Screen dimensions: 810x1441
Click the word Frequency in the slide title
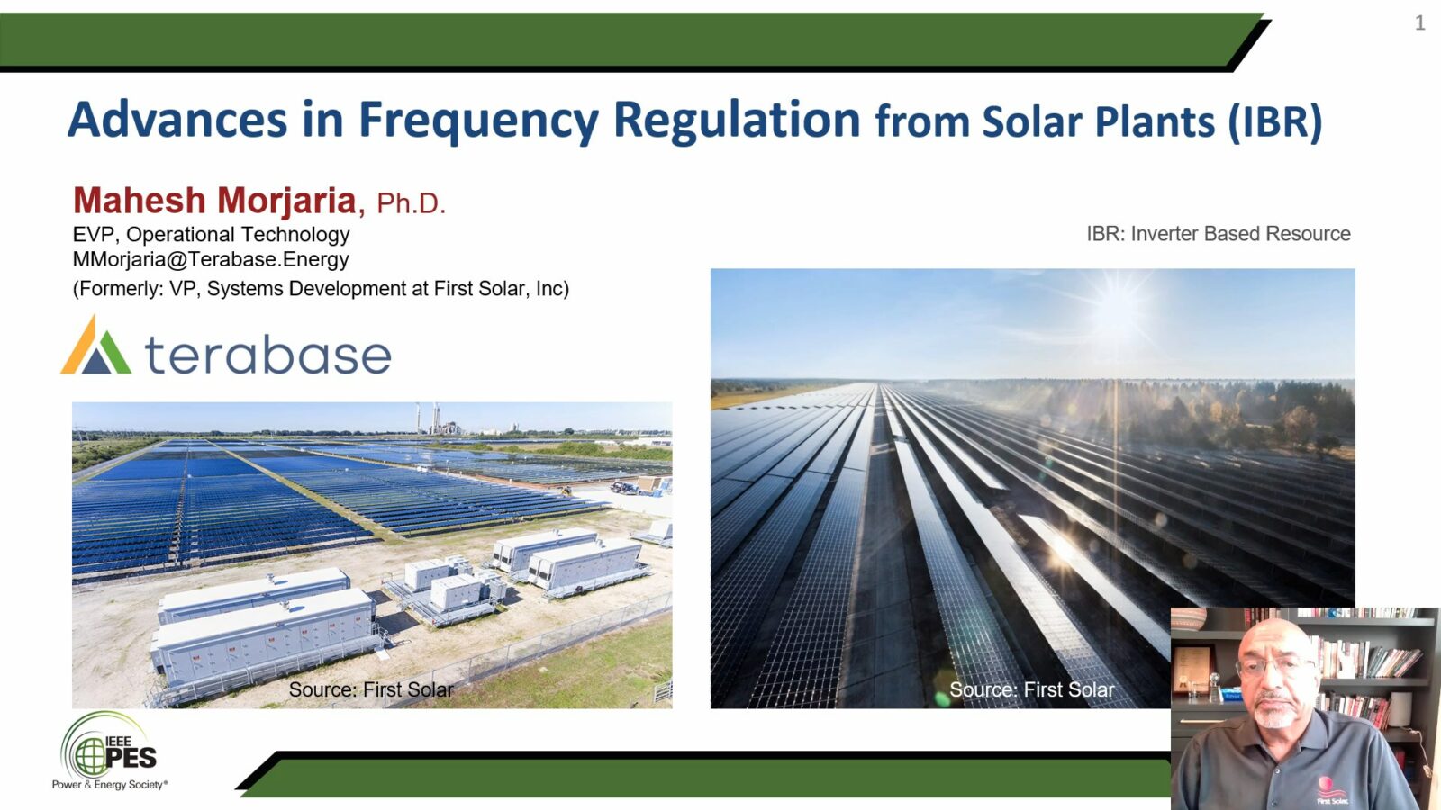[477, 121]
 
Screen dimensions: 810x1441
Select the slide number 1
[1420, 23]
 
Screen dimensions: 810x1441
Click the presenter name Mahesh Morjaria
[214, 201]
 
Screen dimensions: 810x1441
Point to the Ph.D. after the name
[411, 204]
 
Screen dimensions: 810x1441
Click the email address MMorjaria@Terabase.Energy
[211, 260]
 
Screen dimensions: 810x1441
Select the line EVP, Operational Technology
[211, 235]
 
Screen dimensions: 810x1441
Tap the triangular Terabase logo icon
[95, 346]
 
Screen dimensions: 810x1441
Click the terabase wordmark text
[268, 355]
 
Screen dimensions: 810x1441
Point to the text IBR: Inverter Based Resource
[1218, 234]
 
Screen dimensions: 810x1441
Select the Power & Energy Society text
[109, 785]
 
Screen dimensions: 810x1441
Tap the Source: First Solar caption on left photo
[371, 690]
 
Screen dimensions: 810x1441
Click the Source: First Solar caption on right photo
[1031, 690]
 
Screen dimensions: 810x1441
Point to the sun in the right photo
[1118, 306]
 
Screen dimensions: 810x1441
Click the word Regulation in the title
[737, 121]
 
